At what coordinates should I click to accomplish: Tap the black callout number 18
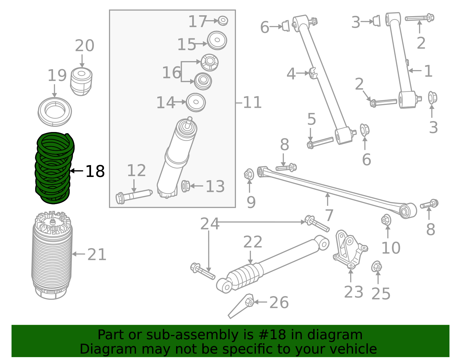tap(95, 171)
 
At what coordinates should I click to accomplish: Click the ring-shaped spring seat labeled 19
tap(55, 112)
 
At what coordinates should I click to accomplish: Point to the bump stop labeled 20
tap(81, 82)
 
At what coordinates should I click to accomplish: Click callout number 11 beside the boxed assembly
tap(252, 103)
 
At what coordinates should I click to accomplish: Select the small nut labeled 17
tap(223, 21)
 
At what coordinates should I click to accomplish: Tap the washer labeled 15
tap(217, 40)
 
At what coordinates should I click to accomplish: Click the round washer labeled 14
tap(196, 102)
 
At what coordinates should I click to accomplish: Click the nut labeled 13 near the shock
tap(186, 186)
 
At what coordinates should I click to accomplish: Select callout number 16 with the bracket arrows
tap(171, 72)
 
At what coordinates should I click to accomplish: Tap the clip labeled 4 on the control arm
tap(313, 73)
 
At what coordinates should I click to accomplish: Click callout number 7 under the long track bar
tap(329, 215)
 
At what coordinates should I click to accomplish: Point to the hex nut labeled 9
tap(249, 175)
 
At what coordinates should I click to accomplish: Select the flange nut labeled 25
tap(377, 267)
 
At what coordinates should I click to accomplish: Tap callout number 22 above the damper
tap(253, 242)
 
